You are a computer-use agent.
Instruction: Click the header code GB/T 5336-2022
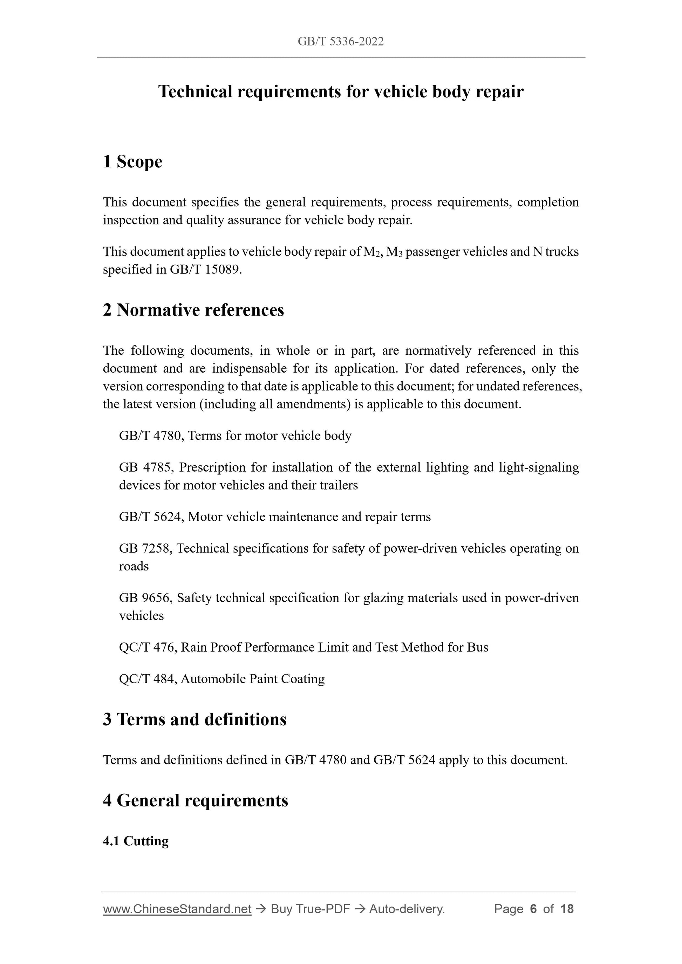pos(340,41)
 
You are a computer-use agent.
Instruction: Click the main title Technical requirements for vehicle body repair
pos(340,91)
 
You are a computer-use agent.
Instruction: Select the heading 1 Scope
pos(132,162)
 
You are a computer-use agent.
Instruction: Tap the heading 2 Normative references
pos(193,310)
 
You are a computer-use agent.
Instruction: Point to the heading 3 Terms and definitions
pos(195,719)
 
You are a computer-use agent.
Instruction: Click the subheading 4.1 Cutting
pos(136,841)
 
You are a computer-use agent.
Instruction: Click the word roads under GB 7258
pos(134,567)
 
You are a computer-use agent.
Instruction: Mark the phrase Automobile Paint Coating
pos(253,679)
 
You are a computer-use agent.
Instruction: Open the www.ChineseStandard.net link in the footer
pos(177,909)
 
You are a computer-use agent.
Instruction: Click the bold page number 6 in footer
pos(533,909)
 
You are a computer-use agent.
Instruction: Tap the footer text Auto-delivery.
pos(407,909)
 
